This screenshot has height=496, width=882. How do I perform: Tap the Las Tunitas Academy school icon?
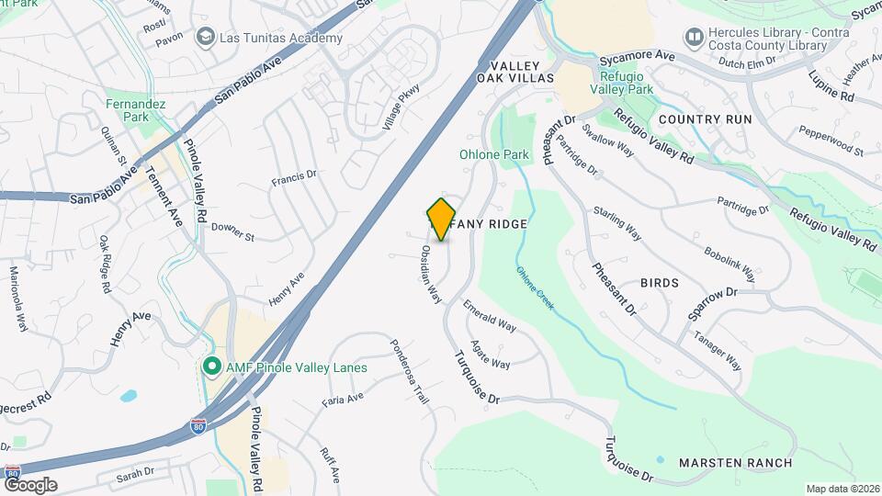[x=204, y=38]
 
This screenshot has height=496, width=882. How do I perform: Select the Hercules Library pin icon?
[x=694, y=38]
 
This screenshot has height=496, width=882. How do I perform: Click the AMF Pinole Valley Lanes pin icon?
[x=210, y=367]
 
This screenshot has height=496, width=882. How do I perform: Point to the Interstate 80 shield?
[x=198, y=426]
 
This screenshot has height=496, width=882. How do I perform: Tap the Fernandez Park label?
[x=135, y=111]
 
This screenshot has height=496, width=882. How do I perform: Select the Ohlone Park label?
[x=494, y=154]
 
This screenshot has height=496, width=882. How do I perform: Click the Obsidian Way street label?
[x=432, y=274]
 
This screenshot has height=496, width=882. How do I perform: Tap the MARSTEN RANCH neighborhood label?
[x=735, y=462]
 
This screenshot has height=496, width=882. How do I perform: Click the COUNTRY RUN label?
[x=705, y=119]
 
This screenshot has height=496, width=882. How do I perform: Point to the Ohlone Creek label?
[x=535, y=287]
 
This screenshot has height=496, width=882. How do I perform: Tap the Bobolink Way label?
[x=730, y=263]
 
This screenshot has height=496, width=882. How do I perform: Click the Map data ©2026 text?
[x=842, y=488]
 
